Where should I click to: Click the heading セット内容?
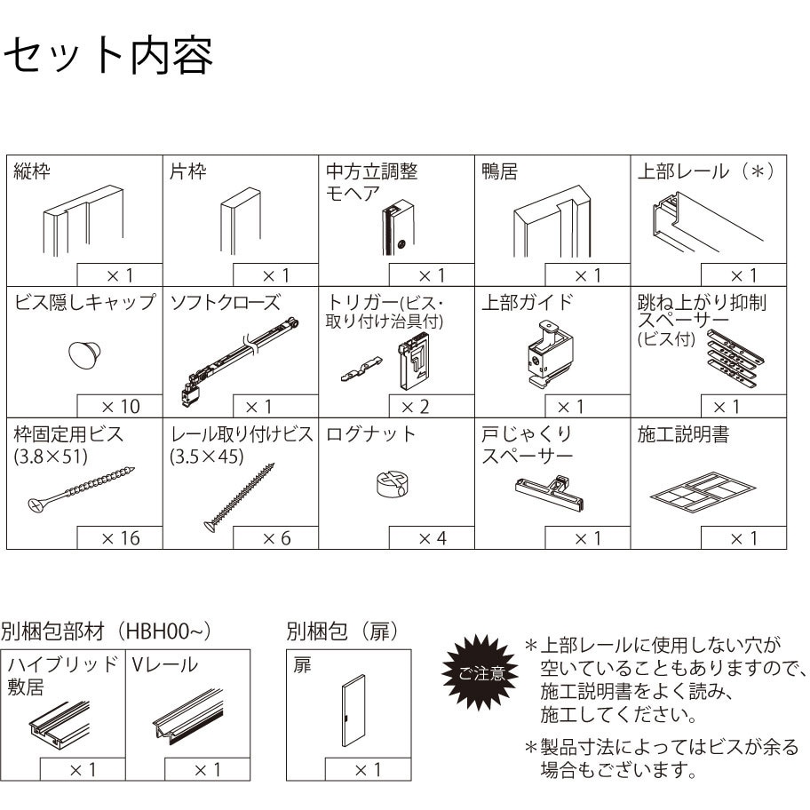[x=108, y=55]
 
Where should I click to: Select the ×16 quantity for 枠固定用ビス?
[x=121, y=538]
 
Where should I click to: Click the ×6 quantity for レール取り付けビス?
[x=277, y=538]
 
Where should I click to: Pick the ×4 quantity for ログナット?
[x=433, y=538]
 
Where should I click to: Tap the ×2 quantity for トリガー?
[x=416, y=407]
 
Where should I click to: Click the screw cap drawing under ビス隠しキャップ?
[x=84, y=355]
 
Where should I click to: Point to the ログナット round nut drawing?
[x=394, y=484]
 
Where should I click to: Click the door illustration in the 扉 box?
[x=353, y=711]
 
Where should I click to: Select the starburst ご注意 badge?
[x=480, y=672]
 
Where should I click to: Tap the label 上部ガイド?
[x=528, y=302]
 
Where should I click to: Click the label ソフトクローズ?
[x=226, y=302]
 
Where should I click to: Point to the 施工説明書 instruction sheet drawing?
[x=703, y=491]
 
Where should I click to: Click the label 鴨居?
[x=499, y=171]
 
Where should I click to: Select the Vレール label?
[x=165, y=665]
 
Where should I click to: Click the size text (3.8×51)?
[x=51, y=457]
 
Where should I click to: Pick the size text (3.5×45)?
[x=207, y=457]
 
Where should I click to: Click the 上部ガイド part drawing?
[x=550, y=354]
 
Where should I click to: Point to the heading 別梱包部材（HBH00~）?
[x=106, y=631]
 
